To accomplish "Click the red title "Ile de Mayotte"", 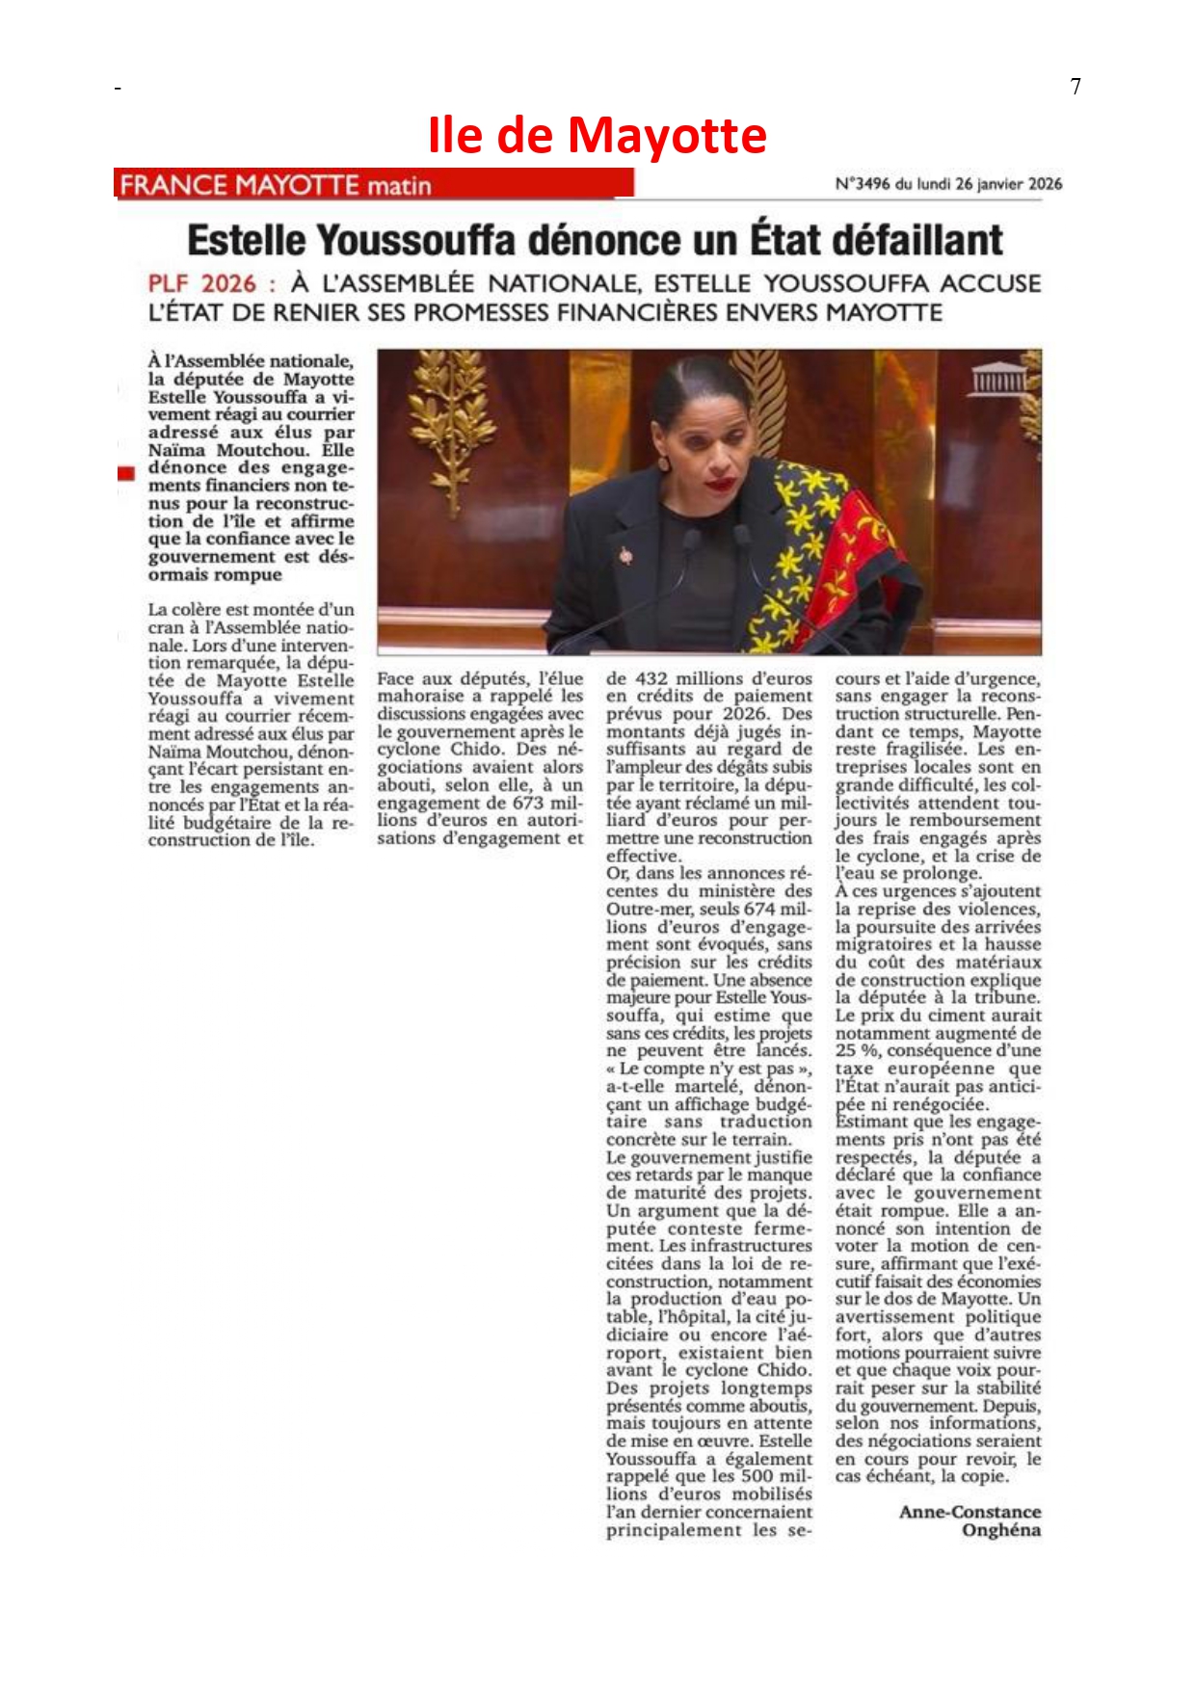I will coord(597,135).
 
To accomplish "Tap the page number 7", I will coord(1075,87).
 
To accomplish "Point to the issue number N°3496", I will coord(862,184).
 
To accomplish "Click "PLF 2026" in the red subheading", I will coord(202,284).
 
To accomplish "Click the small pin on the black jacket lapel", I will coord(625,555).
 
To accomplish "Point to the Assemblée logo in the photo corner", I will coord(999,380).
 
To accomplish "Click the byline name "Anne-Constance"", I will coord(969,1512).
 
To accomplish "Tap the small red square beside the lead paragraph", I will coord(126,473).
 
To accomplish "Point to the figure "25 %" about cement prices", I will coord(856,1050).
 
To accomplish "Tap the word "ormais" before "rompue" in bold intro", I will coord(178,575).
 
